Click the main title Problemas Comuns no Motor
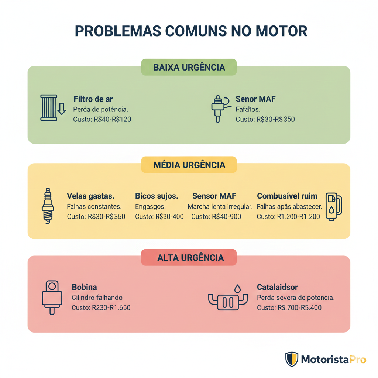pyautogui.click(x=191, y=31)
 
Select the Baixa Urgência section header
pyautogui.click(x=189, y=68)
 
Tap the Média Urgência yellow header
pyautogui.click(x=189, y=165)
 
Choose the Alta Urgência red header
pyautogui.click(x=189, y=257)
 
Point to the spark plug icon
pyautogui.click(x=48, y=205)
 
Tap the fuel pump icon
pyautogui.click(x=333, y=206)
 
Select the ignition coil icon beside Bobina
pyautogui.click(x=52, y=297)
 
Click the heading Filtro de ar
pyautogui.click(x=93, y=99)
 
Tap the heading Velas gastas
pyautogui.click(x=90, y=196)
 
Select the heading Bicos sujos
pyautogui.click(x=157, y=196)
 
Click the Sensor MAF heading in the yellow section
pyautogui.click(x=214, y=196)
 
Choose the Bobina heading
pyautogui.click(x=84, y=287)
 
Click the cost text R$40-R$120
pyautogui.click(x=102, y=119)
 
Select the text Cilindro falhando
pyautogui.click(x=97, y=297)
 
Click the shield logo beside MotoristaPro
pyautogui.click(x=292, y=359)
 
